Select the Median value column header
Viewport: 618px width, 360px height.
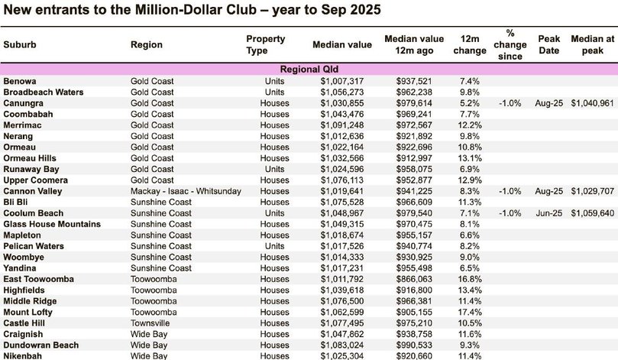pos(341,44)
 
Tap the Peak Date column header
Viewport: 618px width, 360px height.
pos(548,44)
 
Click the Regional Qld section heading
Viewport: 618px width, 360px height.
pos(309,69)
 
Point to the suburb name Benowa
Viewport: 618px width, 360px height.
pos(20,80)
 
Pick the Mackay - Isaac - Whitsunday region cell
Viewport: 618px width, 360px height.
pos(186,190)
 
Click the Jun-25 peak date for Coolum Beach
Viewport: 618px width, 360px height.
pos(548,212)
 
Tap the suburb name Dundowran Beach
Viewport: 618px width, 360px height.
pos(40,345)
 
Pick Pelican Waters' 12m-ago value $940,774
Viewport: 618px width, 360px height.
pos(415,245)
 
